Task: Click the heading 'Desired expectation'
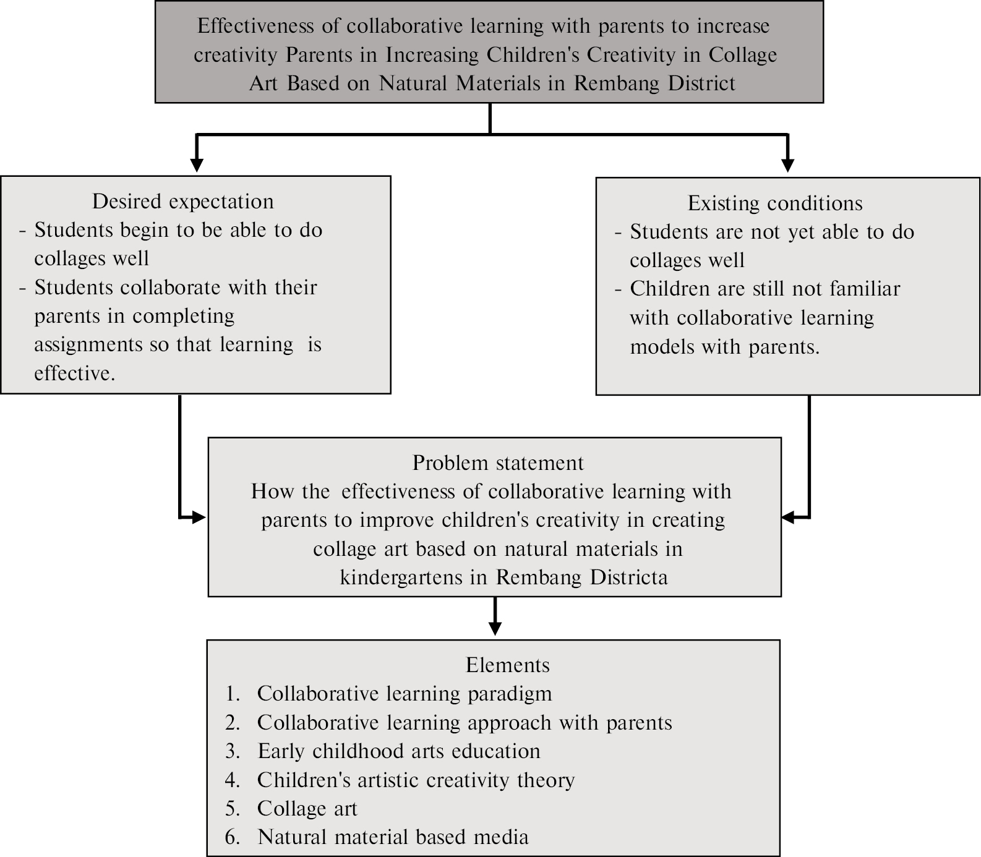pyautogui.click(x=182, y=202)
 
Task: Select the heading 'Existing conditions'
pyautogui.click(x=775, y=203)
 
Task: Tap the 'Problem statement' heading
pyautogui.click(x=497, y=463)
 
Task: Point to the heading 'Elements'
pyautogui.click(x=507, y=665)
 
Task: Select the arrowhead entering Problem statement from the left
pyautogui.click(x=199, y=517)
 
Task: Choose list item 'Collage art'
pyautogui.click(x=307, y=809)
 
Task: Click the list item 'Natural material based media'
pyautogui.click(x=393, y=837)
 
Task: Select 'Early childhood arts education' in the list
pyautogui.click(x=399, y=751)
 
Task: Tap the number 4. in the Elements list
pyautogui.click(x=233, y=780)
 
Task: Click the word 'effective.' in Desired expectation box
pyautogui.click(x=74, y=373)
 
